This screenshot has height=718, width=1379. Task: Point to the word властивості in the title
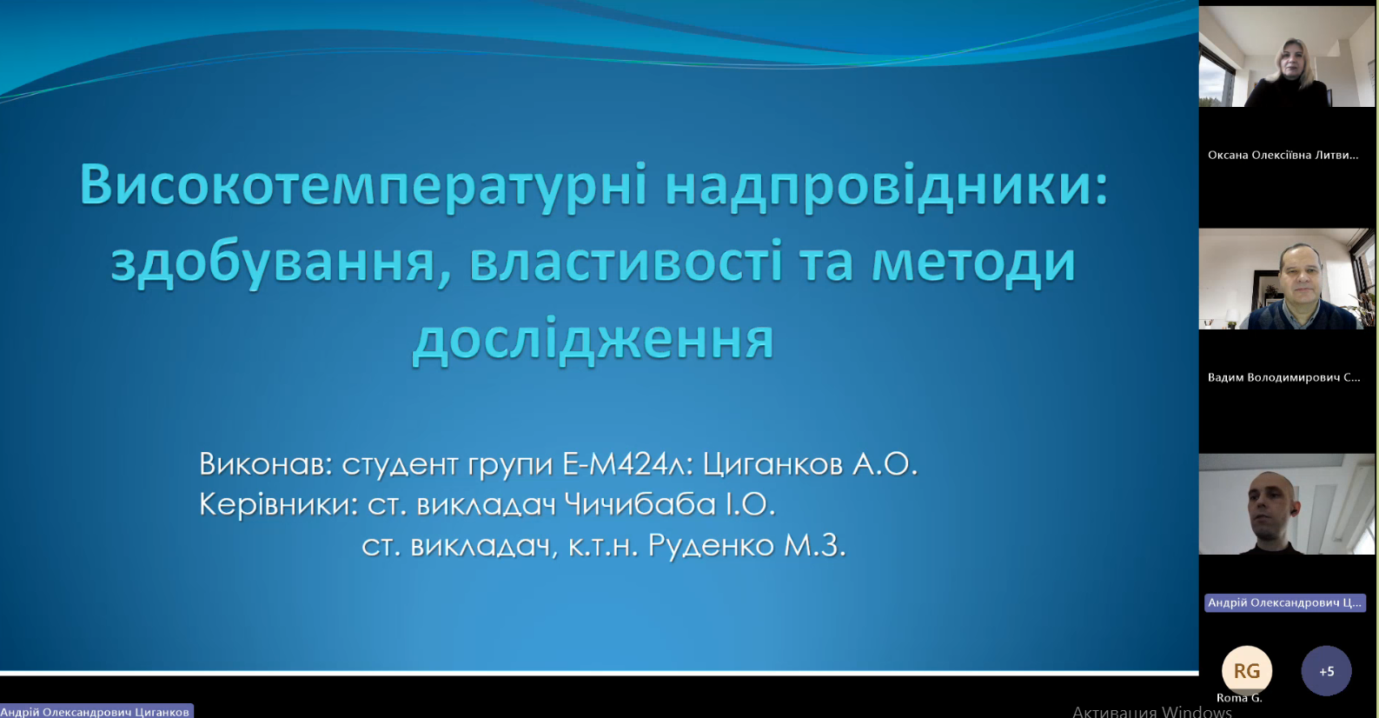(627, 262)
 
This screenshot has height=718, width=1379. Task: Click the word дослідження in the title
(593, 339)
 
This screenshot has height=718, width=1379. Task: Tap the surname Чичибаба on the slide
(640, 505)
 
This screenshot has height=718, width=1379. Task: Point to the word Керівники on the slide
(275, 505)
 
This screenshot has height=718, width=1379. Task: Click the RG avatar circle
(1247, 670)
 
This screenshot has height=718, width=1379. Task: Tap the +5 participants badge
(1327, 670)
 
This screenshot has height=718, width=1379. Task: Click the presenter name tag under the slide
(96, 711)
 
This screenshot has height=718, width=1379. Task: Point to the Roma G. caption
(1239, 698)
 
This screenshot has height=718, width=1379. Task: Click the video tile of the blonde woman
(1287, 57)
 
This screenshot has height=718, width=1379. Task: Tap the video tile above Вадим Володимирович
(1287, 279)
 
